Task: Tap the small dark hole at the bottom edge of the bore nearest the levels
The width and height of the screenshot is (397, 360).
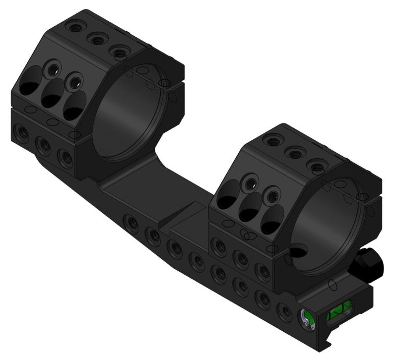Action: [x=296, y=252]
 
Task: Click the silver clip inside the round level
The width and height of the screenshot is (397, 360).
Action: [x=308, y=324]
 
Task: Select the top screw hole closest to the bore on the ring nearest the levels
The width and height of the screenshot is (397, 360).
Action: [x=316, y=163]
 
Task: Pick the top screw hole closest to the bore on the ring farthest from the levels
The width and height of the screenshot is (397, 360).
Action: [x=118, y=50]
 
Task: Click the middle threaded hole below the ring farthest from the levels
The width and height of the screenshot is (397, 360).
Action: [x=44, y=146]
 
